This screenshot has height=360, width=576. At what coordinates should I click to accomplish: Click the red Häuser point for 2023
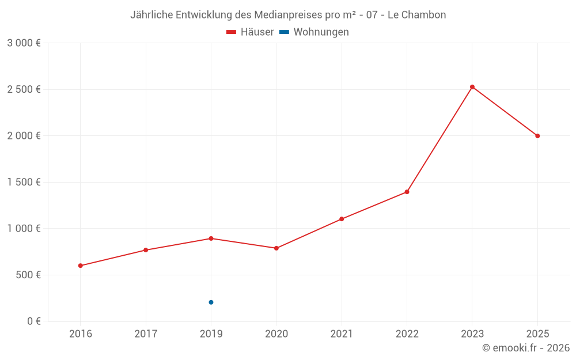tap(472, 87)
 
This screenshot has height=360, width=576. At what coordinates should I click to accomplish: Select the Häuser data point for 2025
tap(537, 136)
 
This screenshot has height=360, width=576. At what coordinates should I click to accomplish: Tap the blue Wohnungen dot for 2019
tap(211, 302)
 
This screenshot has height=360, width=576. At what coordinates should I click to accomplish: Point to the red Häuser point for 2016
tap(81, 266)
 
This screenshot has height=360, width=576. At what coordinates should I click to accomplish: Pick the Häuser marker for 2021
tap(342, 219)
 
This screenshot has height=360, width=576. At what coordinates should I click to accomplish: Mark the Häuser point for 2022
tap(407, 192)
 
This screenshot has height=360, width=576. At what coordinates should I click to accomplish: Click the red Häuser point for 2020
tap(276, 248)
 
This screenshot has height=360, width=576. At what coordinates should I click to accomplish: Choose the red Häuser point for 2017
tap(146, 250)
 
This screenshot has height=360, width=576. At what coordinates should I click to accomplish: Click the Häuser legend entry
tap(250, 32)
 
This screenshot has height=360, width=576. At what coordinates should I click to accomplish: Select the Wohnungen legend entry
tap(314, 32)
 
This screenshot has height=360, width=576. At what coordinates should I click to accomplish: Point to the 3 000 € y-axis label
tap(24, 43)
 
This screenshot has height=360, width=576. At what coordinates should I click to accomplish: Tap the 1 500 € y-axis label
tap(24, 182)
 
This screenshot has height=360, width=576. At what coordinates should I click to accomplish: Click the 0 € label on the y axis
tap(34, 321)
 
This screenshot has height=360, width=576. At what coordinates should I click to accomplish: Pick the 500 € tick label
tap(28, 275)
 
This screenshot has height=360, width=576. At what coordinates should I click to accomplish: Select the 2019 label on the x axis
tap(211, 334)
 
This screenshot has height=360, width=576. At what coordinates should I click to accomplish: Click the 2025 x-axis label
tap(538, 334)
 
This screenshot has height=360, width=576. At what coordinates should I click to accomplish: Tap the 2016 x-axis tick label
tap(81, 334)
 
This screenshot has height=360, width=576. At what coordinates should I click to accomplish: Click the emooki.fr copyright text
tap(526, 348)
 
